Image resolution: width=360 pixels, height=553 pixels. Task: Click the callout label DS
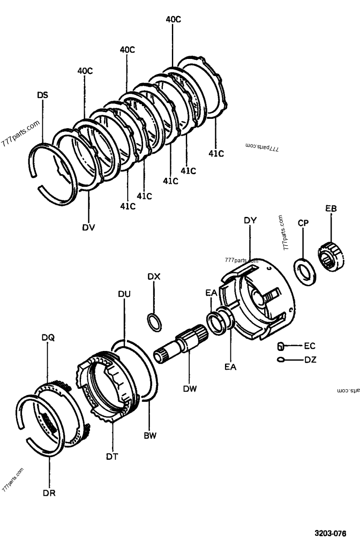43,95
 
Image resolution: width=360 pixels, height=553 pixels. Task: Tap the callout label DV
88,227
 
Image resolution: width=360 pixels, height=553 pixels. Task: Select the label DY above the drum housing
250,220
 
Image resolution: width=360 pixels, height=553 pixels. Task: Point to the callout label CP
303,223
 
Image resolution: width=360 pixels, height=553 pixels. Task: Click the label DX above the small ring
153,276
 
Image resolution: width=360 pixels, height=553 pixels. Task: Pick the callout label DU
124,294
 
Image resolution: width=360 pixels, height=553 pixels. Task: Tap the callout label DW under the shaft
189,388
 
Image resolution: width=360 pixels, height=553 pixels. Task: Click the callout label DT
112,456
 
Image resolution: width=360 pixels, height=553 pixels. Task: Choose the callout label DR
49,492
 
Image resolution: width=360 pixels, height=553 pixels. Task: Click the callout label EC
310,346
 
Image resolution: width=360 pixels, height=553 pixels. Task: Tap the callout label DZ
310,360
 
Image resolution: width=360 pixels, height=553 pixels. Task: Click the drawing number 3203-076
330,534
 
